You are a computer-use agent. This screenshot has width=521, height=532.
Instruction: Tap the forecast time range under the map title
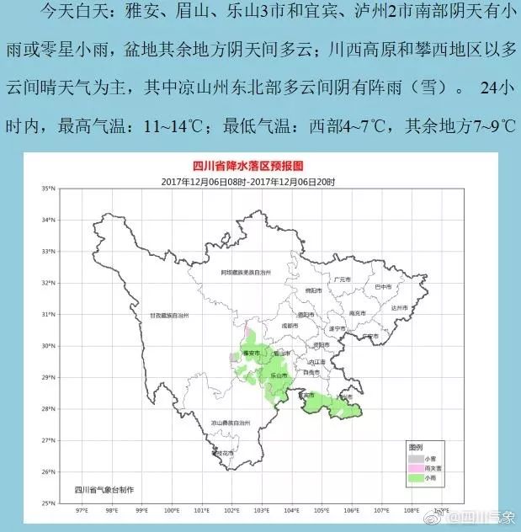pyautogui.click(x=249, y=181)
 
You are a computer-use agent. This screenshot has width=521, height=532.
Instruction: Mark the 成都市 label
pyautogui.click(x=289, y=325)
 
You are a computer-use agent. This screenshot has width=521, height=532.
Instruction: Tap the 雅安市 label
pyautogui.click(x=248, y=354)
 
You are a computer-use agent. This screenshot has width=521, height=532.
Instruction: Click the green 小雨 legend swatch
pyautogui.click(x=413, y=478)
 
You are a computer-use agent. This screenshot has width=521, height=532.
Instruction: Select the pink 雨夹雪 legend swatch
pyautogui.click(x=413, y=467)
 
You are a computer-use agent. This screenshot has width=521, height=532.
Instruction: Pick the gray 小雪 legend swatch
pyautogui.click(x=413, y=456)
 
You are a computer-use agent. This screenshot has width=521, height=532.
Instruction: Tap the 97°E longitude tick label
pyautogui.click(x=82, y=510)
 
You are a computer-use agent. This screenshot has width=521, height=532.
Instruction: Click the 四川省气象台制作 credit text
pyautogui.click(x=104, y=489)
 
